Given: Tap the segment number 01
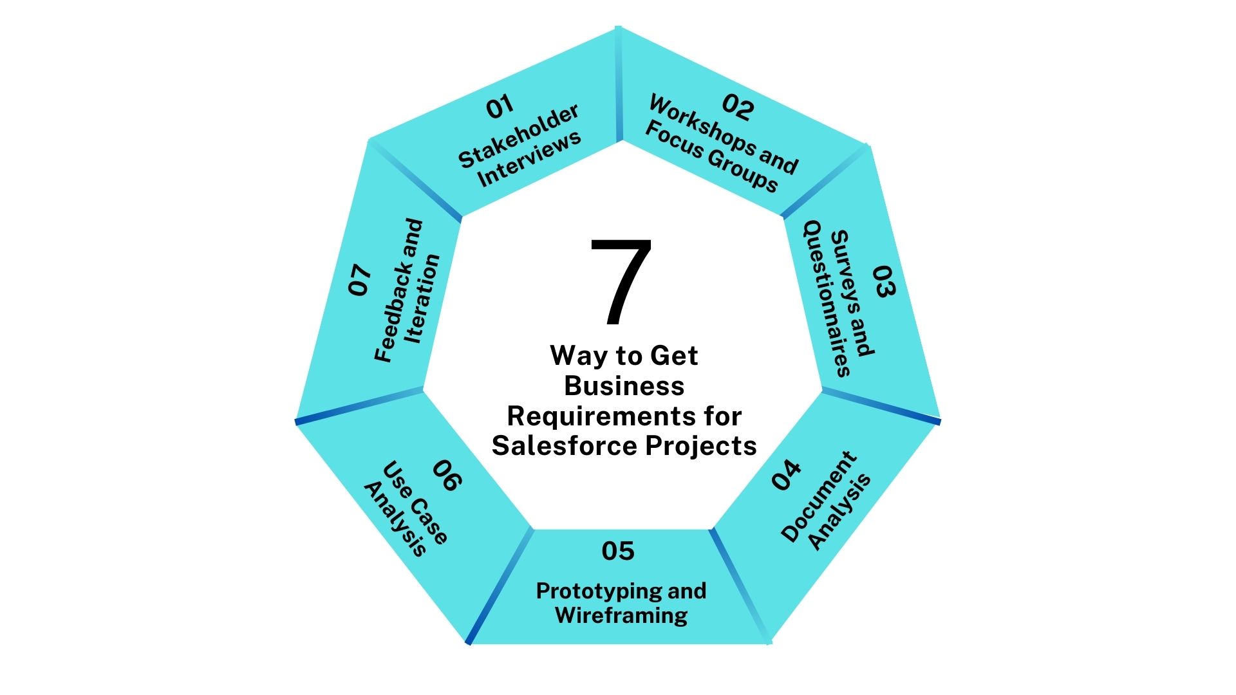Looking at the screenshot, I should [x=500, y=107].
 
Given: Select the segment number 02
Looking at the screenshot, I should [x=738, y=107].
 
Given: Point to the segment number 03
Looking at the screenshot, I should [x=884, y=281].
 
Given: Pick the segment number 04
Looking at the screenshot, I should [x=786, y=476].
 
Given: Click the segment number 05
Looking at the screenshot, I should [x=618, y=551].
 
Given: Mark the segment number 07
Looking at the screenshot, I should [x=360, y=281].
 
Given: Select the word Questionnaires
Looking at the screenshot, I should [x=827, y=299].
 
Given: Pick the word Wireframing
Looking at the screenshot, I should [x=621, y=615].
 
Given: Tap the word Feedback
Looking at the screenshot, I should [x=398, y=291].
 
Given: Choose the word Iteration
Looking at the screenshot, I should [x=422, y=299].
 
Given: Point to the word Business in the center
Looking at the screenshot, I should [x=624, y=386].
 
